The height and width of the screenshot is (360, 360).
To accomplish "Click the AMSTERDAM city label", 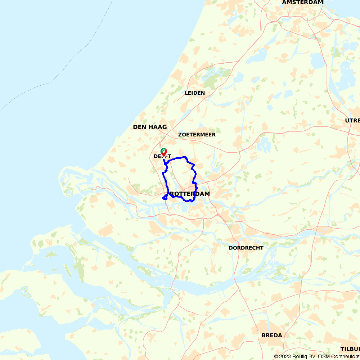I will click(302, 2).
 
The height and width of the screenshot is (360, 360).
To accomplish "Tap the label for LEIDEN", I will click(195, 93).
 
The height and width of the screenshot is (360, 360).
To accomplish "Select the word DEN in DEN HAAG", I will click(139, 127).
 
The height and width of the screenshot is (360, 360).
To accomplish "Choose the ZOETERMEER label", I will click(197, 135).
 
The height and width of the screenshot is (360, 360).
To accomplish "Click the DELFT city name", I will click(162, 156).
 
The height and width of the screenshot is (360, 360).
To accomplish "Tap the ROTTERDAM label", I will click(190, 194).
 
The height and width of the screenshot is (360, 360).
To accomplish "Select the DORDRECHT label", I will click(246, 248).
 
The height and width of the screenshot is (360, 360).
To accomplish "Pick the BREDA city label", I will click(272, 335).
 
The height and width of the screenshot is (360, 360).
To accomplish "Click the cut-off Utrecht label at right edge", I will click(352, 121).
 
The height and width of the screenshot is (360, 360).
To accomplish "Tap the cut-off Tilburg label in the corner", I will click(350, 349).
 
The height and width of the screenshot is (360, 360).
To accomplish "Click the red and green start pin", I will click(163, 152).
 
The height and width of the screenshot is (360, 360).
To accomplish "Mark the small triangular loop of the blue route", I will click(165, 197).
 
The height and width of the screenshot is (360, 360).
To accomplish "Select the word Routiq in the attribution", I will click(300, 356).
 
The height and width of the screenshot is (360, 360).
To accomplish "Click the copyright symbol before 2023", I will click(276, 356).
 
